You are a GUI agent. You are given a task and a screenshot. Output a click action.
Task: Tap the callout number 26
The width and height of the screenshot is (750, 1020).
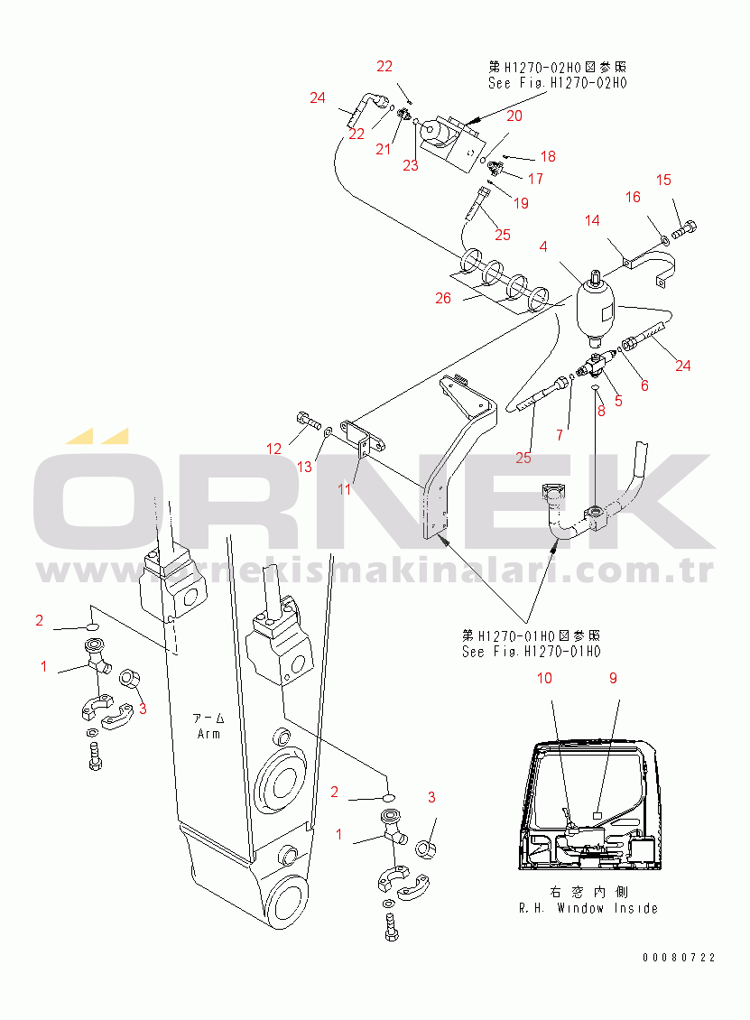[443, 298]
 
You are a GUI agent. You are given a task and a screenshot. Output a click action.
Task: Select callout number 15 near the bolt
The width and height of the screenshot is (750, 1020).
[663, 181]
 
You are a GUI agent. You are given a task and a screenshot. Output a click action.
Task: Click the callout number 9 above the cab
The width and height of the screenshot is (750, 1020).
[614, 677]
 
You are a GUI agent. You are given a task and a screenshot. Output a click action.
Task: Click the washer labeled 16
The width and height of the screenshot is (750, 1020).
[664, 240]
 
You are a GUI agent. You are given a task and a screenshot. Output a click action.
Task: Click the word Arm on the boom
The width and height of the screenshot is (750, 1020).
[209, 734]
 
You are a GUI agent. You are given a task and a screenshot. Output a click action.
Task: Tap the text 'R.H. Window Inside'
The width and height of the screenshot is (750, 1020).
[588, 908]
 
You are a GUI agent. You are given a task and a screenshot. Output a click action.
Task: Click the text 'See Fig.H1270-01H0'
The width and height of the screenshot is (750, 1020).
[531, 651]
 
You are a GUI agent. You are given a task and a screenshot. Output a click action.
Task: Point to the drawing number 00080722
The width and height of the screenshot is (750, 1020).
[679, 957]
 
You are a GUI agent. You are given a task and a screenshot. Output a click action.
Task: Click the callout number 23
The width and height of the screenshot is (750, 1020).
[411, 165]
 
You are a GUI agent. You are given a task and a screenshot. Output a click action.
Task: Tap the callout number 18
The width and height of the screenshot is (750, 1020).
[548, 156]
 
